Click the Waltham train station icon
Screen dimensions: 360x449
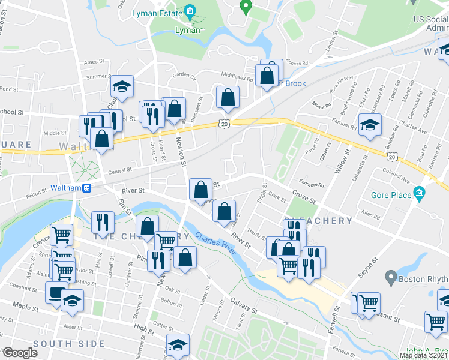click(86, 187)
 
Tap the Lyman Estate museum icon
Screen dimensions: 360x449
click(190, 11)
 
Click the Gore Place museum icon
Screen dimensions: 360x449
click(419, 194)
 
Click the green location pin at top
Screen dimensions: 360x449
click(245, 7)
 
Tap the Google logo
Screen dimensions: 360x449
click(20, 353)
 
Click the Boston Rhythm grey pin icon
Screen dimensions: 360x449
click(391, 278)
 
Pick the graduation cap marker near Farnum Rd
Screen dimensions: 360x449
click(370, 125)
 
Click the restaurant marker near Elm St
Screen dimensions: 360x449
click(103, 222)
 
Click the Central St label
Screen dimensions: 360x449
click(119, 171)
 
